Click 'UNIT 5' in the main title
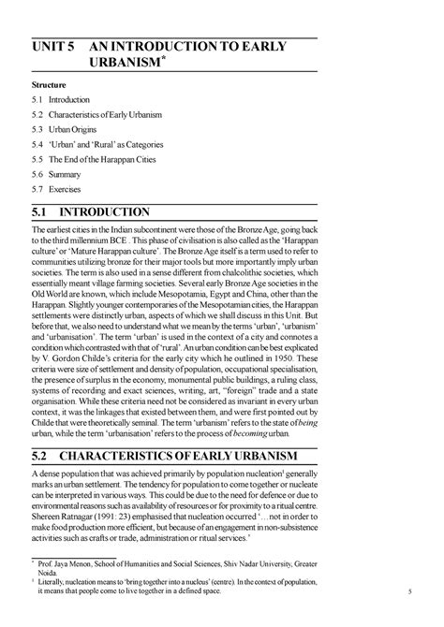click(x=57, y=48)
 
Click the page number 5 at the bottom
click(x=410, y=592)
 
